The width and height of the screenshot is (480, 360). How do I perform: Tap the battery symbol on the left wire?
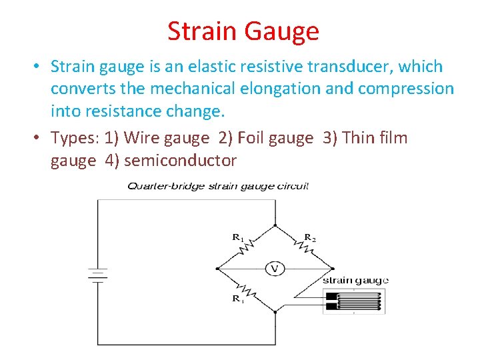pyautogui.click(x=98, y=275)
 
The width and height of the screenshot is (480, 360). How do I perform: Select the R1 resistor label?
pyautogui.click(x=237, y=237)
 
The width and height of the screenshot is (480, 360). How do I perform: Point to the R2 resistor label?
pyautogui.click(x=310, y=237)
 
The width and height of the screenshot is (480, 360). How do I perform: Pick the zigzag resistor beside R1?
pyautogui.click(x=246, y=248)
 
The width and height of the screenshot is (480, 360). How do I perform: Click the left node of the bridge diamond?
pyautogui.click(x=218, y=268)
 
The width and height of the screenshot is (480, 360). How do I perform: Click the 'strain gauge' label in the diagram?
pyautogui.click(x=355, y=280)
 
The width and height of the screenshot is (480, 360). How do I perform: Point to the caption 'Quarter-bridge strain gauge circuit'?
pyautogui.click(x=218, y=186)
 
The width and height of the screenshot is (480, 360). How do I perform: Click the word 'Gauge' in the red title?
pyautogui.click(x=282, y=31)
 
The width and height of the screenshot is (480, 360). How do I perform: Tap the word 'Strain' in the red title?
pyautogui.click(x=202, y=31)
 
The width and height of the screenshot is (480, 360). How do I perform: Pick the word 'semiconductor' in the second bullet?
pyautogui.click(x=180, y=160)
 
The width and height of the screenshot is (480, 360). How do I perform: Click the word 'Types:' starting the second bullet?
pyautogui.click(x=75, y=138)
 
